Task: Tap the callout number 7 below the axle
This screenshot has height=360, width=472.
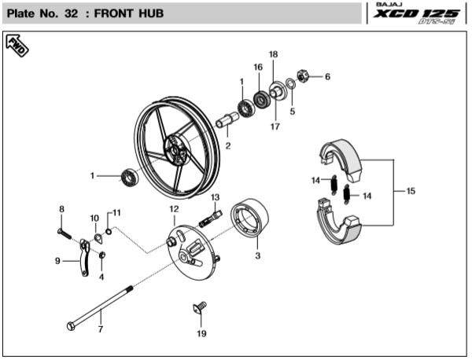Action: (100, 329)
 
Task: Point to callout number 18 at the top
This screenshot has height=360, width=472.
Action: (273, 54)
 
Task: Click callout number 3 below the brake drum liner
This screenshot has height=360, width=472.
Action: (257, 255)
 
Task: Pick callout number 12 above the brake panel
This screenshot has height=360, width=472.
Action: (174, 209)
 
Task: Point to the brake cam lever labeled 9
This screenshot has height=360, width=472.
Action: (83, 261)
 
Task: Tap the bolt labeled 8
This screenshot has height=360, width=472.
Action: (65, 233)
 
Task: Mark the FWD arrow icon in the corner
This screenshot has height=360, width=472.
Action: (17, 46)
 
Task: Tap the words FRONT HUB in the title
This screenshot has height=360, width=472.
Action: (129, 14)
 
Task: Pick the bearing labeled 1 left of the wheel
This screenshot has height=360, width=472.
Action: (129, 178)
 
